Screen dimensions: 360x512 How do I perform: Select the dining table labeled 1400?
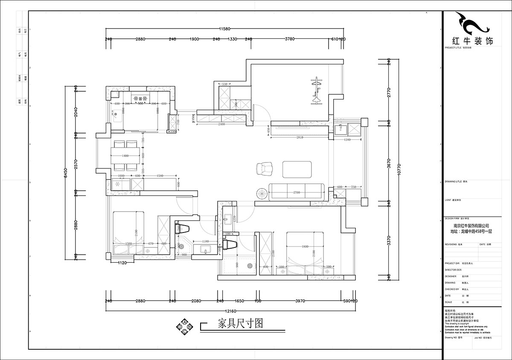pyautogui.click(x=125, y=156)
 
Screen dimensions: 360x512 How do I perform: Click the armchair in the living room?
pyautogui.click(x=265, y=169)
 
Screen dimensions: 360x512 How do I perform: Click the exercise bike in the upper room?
pyautogui.click(x=316, y=90)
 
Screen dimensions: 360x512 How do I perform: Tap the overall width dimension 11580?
pyautogui.click(x=225, y=29)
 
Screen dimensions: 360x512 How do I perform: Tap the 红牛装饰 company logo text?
pyautogui.click(x=472, y=41)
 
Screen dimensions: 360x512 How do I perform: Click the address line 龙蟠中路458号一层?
pyautogui.click(x=471, y=232)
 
